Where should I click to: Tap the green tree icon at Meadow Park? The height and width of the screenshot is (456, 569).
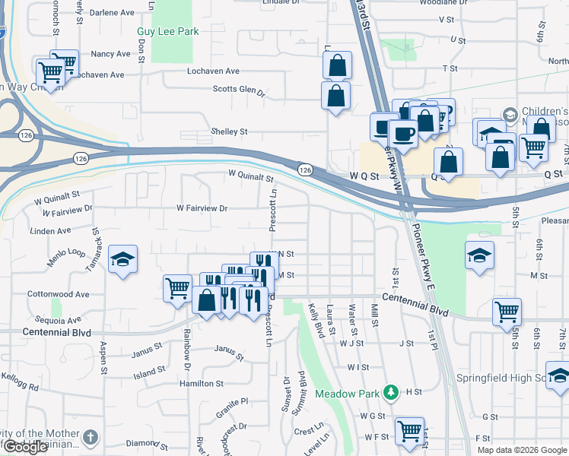391,391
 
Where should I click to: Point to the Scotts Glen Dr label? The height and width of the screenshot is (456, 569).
238,91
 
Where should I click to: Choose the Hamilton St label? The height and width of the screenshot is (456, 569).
202,385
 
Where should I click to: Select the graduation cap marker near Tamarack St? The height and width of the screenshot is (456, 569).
122,259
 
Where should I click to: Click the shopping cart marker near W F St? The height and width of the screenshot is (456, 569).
409,430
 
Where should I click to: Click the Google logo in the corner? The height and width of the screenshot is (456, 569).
24,447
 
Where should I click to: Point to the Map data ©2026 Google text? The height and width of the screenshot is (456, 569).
522,450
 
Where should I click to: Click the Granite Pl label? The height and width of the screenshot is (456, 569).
234,401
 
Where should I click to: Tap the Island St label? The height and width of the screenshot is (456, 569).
149,372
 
